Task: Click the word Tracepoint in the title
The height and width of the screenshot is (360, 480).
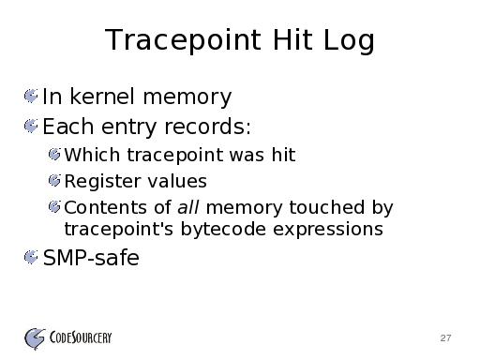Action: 183,39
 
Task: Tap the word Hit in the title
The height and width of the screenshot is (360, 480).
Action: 292,39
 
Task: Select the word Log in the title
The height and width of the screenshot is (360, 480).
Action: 349,40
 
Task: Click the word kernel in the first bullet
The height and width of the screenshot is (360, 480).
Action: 102,97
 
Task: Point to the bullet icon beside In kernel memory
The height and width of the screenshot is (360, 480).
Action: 31,96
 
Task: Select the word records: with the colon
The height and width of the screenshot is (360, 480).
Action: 207,127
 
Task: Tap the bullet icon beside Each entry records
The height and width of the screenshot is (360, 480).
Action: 31,126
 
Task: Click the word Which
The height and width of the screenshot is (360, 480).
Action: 92,155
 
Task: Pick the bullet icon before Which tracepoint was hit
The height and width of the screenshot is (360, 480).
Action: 54,155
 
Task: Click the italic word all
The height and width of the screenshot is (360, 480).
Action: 188,207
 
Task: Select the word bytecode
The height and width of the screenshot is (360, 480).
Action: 223,229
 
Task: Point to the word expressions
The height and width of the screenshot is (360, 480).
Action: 328,230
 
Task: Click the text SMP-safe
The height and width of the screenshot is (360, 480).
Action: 91,258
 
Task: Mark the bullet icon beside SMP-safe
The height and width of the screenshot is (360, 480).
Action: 31,257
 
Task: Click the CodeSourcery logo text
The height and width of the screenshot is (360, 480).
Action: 81,337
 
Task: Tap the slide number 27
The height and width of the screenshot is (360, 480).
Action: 445,337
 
